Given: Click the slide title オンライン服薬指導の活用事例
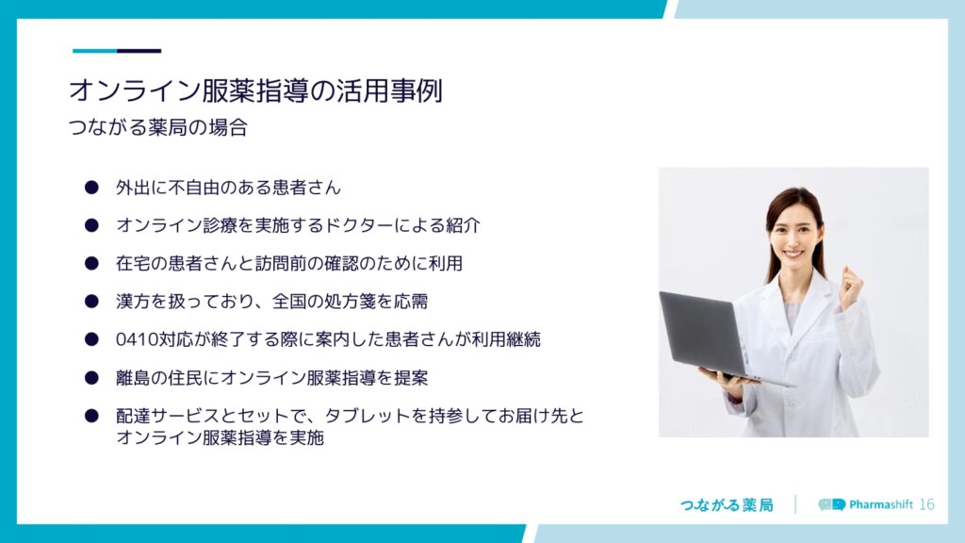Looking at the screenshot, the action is pyautogui.click(x=255, y=90).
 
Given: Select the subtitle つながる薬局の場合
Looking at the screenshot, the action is pyautogui.click(x=158, y=127).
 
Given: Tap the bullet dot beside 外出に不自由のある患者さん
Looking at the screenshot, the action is pyautogui.click(x=91, y=188).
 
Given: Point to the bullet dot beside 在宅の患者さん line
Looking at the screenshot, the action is pyautogui.click(x=91, y=264).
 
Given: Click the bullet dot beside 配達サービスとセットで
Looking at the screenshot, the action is pyautogui.click(x=91, y=416).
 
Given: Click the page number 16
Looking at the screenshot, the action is pyautogui.click(x=927, y=505).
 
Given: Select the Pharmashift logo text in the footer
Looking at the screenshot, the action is pyautogui.click(x=881, y=505).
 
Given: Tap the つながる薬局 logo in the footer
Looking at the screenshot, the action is pyautogui.click(x=727, y=505).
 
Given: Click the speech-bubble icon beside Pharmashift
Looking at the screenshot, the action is pyautogui.click(x=832, y=505).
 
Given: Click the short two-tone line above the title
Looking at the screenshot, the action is pyautogui.click(x=117, y=51).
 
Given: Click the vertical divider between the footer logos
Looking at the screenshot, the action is pyautogui.click(x=795, y=504).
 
